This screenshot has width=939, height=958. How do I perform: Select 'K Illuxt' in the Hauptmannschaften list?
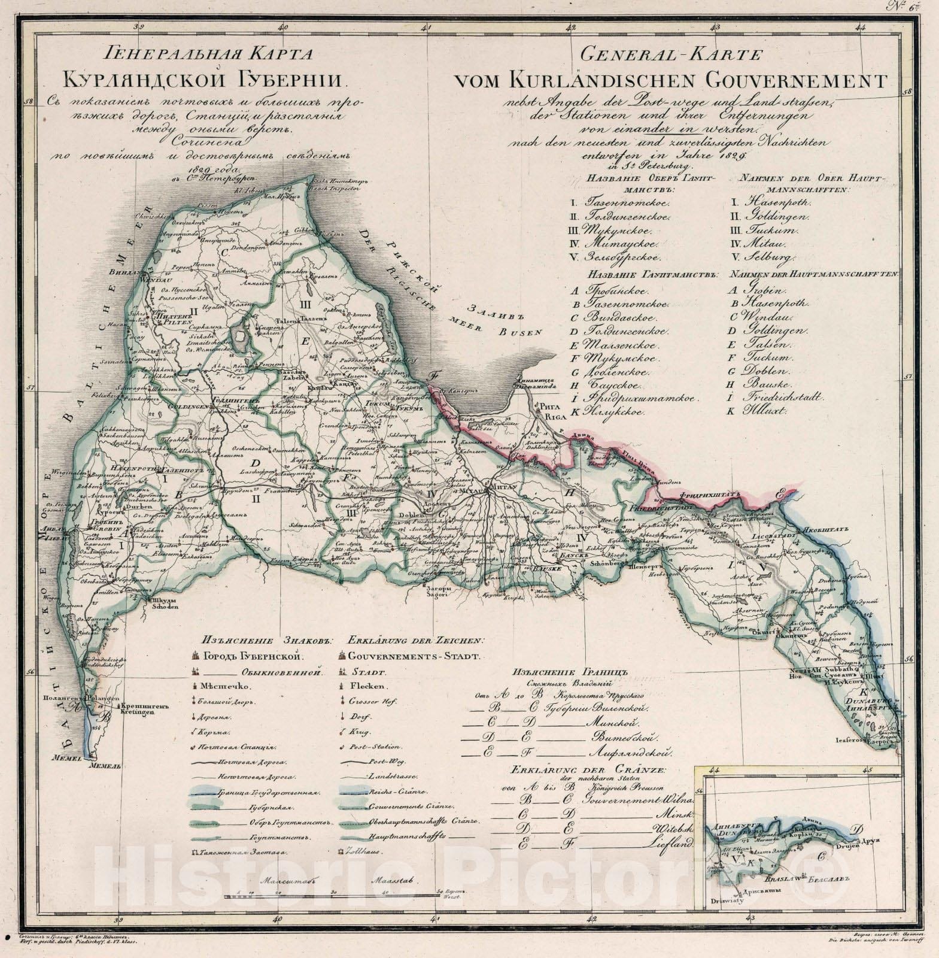tap(757, 412)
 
